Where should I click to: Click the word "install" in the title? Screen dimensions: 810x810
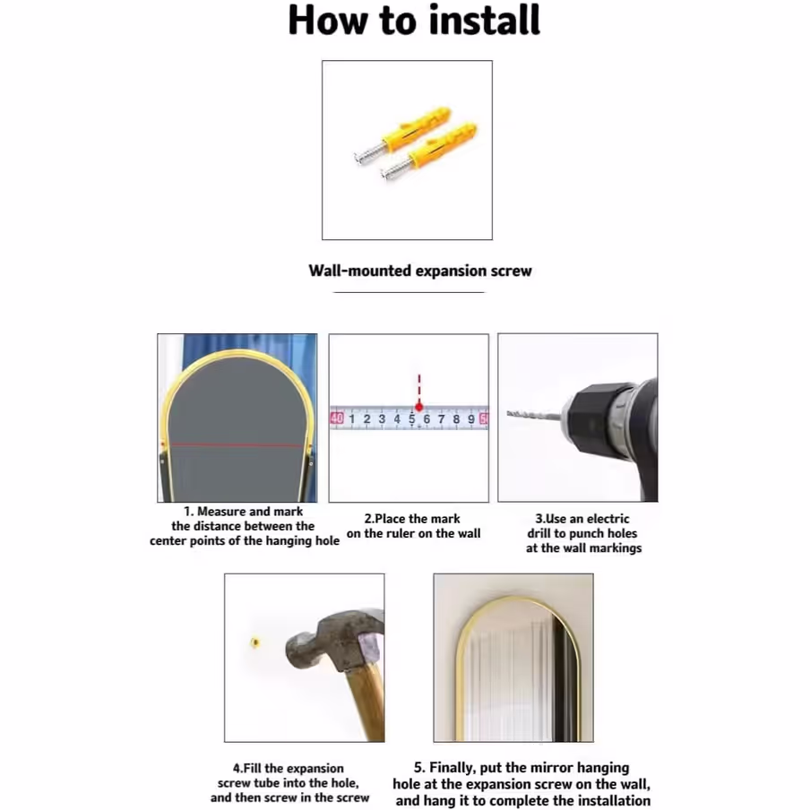coord(484,20)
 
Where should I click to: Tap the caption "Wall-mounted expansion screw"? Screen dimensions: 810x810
coord(420,271)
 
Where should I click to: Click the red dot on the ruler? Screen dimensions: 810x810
coord(419,407)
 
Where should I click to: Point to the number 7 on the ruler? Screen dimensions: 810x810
coord(441,419)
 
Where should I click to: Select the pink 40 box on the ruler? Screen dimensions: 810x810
coord(337,418)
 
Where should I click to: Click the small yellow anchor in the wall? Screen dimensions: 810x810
coord(254,642)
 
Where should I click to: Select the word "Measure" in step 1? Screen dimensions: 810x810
coord(221,512)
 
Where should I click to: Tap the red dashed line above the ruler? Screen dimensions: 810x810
coord(419,389)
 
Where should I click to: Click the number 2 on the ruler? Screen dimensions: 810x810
coord(366,419)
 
